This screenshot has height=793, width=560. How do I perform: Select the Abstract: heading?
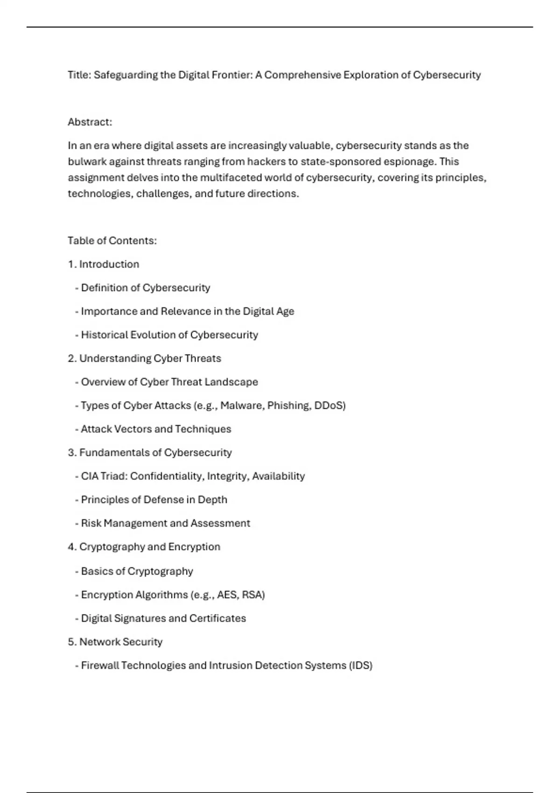pyautogui.click(x=90, y=122)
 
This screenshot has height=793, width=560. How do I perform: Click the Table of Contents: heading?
pyautogui.click(x=112, y=241)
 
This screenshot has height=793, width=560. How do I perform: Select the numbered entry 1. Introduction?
pyautogui.click(x=104, y=264)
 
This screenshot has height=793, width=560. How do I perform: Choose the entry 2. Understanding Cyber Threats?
pyautogui.click(x=144, y=359)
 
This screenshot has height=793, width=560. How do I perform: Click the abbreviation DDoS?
pyautogui.click(x=329, y=406)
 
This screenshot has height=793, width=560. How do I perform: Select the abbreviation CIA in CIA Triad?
pyautogui.click(x=90, y=476)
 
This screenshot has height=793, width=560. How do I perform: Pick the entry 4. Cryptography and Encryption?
pyautogui.click(x=144, y=547)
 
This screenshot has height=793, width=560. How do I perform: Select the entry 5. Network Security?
pyautogui.click(x=115, y=642)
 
